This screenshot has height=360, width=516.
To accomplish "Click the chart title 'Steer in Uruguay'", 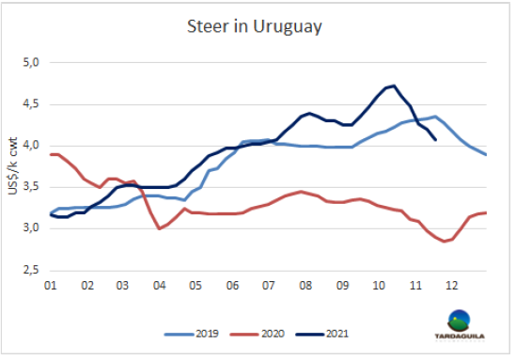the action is pyautogui.click(x=254, y=26).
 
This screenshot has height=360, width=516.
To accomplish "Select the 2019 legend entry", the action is pyautogui.click(x=191, y=334).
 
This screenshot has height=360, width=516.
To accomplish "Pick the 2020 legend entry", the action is pyautogui.click(x=257, y=334).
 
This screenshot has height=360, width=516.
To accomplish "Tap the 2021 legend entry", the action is pyautogui.click(x=321, y=334).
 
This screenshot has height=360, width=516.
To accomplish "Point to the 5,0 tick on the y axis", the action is pyautogui.click(x=31, y=62).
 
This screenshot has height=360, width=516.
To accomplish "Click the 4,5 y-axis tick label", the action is pyautogui.click(x=31, y=104).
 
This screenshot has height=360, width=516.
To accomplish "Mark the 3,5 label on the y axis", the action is pyautogui.click(x=31, y=187).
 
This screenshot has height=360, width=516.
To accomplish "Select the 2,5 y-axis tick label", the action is pyautogui.click(x=31, y=270).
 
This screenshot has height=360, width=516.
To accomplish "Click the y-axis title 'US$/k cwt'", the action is pyautogui.click(x=12, y=165).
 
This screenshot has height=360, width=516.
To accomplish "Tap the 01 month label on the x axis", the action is pyautogui.click(x=51, y=286).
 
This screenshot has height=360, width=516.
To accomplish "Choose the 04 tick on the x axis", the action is pyautogui.click(x=159, y=286).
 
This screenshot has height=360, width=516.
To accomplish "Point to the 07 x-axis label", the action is pyautogui.click(x=268, y=286).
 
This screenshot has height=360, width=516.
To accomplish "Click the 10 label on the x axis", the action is pyautogui.click(x=379, y=286).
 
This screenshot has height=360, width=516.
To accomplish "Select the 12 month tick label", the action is pyautogui.click(x=451, y=286).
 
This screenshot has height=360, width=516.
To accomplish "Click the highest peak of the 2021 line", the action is pyautogui.click(x=394, y=86).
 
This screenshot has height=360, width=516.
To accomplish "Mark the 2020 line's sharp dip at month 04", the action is pyautogui.click(x=159, y=228).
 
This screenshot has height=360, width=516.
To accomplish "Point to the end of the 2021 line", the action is pyautogui.click(x=435, y=140).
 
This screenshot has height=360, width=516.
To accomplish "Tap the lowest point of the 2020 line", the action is pyautogui.click(x=445, y=242).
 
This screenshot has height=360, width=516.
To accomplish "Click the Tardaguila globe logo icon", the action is pyautogui.click(x=459, y=321).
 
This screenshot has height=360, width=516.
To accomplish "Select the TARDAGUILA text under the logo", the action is pyautogui.click(x=460, y=337).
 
